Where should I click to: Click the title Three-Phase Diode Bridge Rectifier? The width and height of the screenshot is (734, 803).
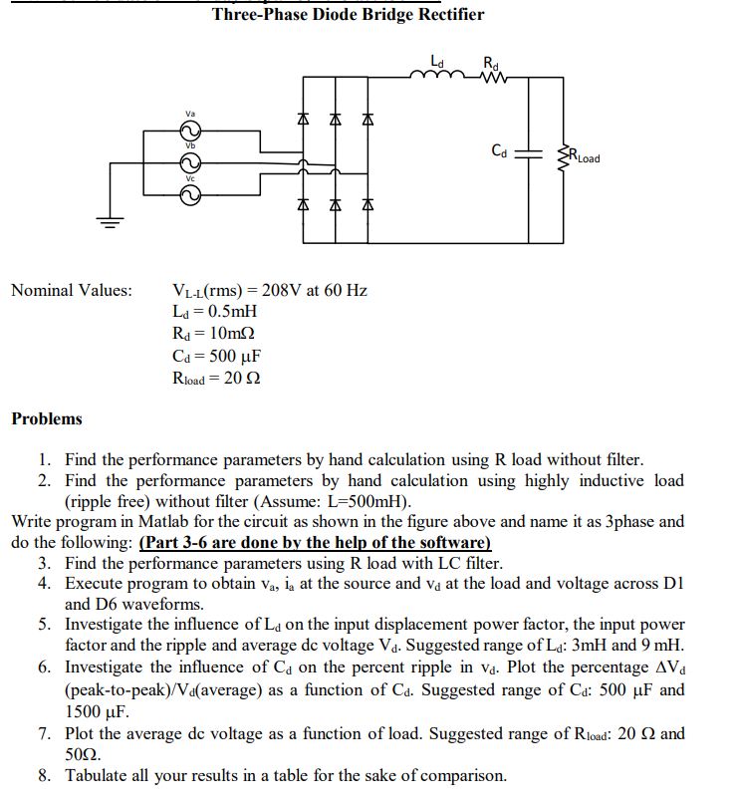349,14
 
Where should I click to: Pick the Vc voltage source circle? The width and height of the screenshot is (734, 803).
189,194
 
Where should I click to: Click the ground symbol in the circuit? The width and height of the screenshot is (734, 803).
110,223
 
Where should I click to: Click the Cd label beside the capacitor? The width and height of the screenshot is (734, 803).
500,151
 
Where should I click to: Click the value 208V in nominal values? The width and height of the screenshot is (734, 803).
282,291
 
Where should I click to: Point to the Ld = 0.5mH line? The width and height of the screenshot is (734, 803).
215,312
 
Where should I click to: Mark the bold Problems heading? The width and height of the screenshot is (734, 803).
47,418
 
